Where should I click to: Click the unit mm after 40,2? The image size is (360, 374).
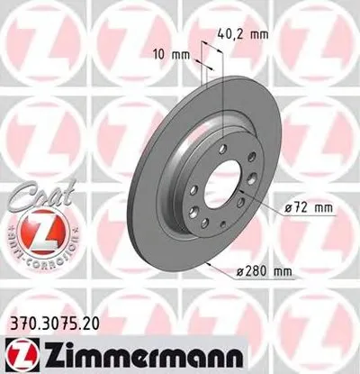[x=259, y=34]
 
